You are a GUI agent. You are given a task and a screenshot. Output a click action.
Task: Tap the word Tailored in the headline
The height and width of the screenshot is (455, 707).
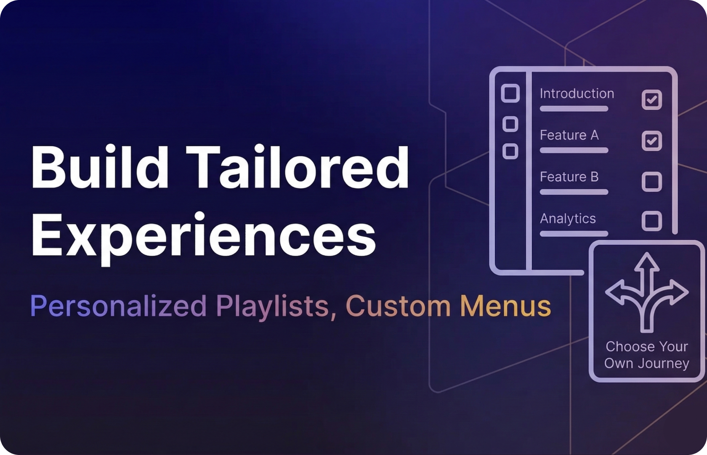tap(297, 167)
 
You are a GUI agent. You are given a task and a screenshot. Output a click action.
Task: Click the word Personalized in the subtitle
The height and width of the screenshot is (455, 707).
tap(118, 306)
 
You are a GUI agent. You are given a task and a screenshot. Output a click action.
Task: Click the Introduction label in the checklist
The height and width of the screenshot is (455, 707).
tap(577, 94)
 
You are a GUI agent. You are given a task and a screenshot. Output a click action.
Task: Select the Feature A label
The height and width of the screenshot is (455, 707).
tap(569, 135)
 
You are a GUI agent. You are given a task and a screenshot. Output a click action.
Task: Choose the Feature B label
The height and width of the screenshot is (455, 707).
tap(569, 177)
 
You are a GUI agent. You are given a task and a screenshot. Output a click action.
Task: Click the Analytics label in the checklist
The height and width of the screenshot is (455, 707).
tap(568, 219)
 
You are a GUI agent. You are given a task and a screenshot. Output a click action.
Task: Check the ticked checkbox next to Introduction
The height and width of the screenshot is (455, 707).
tap(651, 100)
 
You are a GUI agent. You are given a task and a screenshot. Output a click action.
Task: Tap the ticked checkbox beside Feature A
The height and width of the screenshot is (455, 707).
tap(651, 141)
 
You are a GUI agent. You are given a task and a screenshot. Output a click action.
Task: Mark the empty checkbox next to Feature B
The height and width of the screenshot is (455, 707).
tap(651, 182)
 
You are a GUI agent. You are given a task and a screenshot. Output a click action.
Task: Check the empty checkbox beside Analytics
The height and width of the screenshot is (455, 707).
tap(651, 221)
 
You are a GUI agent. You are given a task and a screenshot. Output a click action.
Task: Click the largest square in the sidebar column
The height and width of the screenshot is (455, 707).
tap(510, 93)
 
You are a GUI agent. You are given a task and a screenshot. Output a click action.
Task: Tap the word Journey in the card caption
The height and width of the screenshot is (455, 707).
tap(664, 363)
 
